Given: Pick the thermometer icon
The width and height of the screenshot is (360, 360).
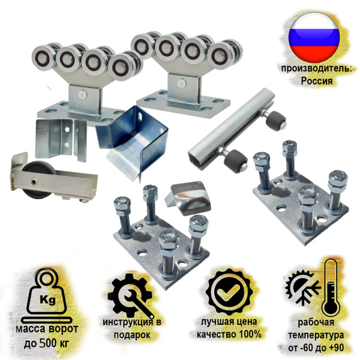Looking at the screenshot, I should tap(329, 289).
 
